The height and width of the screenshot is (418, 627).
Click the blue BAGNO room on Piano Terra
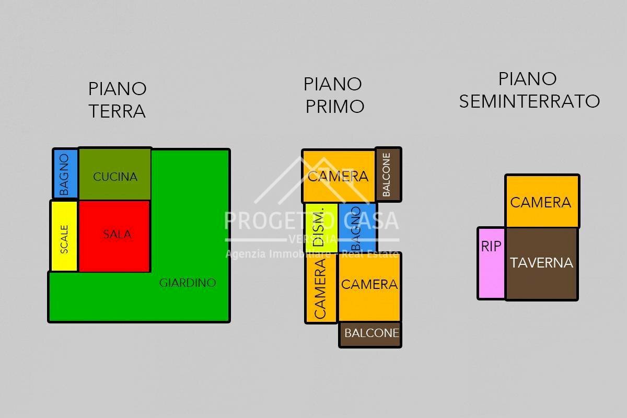point(65,174)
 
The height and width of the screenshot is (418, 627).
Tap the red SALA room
point(115,235)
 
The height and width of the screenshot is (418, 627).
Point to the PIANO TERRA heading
point(117,100)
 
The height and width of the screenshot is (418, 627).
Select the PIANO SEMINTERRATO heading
point(529,90)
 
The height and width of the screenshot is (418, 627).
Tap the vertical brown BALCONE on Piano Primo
point(388,175)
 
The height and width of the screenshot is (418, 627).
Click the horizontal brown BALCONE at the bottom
point(370,334)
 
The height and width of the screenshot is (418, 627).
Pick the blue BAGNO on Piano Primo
point(357,227)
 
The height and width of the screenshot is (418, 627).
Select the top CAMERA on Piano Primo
point(338,176)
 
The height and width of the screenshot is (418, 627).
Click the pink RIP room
point(491,263)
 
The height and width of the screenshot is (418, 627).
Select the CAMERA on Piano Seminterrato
point(541,202)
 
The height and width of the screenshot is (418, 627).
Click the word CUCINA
point(115,177)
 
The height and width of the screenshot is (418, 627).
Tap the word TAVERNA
point(541,263)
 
